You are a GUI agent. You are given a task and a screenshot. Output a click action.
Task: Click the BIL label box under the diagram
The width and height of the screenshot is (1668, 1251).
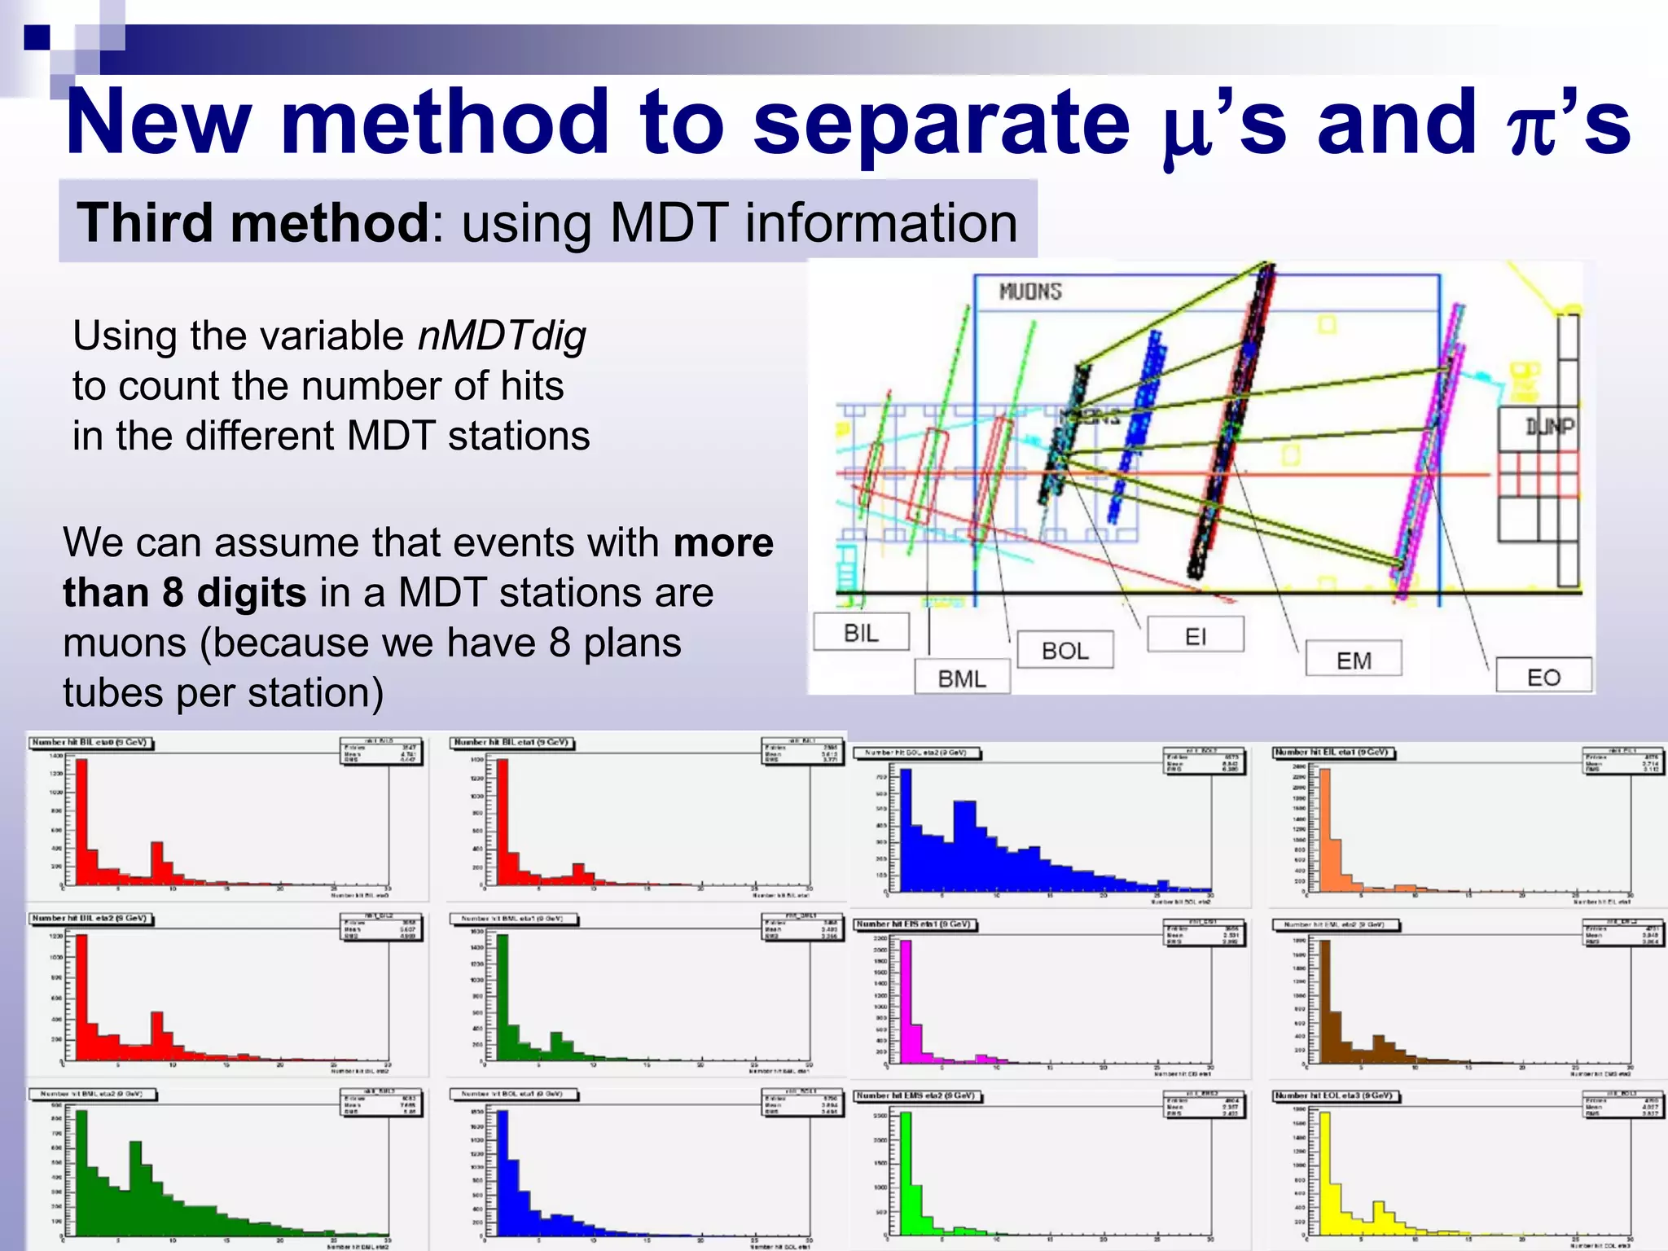pyautogui.click(x=861, y=632)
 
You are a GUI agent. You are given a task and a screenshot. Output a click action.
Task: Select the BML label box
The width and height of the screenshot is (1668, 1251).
pyautogui.click(x=962, y=678)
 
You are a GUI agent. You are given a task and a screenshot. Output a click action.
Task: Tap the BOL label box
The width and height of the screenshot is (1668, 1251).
pyautogui.click(x=1064, y=650)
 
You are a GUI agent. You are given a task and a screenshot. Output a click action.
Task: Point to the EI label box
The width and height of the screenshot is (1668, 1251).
pyautogui.click(x=1195, y=635)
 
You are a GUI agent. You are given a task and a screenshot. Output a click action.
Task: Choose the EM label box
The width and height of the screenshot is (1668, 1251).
pyautogui.click(x=1353, y=660)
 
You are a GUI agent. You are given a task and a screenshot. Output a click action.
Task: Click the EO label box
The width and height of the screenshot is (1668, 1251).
pyautogui.click(x=1543, y=676)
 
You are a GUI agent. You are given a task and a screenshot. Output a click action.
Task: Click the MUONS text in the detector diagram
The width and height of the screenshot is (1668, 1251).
pyautogui.click(x=1030, y=291)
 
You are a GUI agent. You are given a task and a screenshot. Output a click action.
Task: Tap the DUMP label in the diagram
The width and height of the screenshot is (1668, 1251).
pyautogui.click(x=1549, y=425)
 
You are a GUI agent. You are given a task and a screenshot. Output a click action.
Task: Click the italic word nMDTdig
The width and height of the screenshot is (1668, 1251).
pyautogui.click(x=502, y=336)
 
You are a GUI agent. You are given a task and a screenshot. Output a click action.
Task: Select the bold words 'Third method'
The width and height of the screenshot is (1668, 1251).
pyautogui.click(x=252, y=222)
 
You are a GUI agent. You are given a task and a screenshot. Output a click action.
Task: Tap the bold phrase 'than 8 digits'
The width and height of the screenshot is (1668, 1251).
pyautogui.click(x=185, y=592)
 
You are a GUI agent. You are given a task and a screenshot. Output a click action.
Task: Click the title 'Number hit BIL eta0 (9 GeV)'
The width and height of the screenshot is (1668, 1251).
pyautogui.click(x=90, y=742)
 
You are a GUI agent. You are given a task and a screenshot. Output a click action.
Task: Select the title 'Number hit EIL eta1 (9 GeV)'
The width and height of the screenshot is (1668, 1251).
pyautogui.click(x=1333, y=753)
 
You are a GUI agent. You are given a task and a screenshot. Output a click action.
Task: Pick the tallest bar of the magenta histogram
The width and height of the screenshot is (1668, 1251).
pyautogui.click(x=906, y=1002)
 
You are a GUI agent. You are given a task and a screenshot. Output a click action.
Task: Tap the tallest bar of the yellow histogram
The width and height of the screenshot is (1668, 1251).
pyautogui.click(x=1325, y=1173)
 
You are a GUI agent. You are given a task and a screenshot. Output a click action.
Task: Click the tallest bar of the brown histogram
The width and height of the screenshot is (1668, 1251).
pyautogui.click(x=1325, y=1002)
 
